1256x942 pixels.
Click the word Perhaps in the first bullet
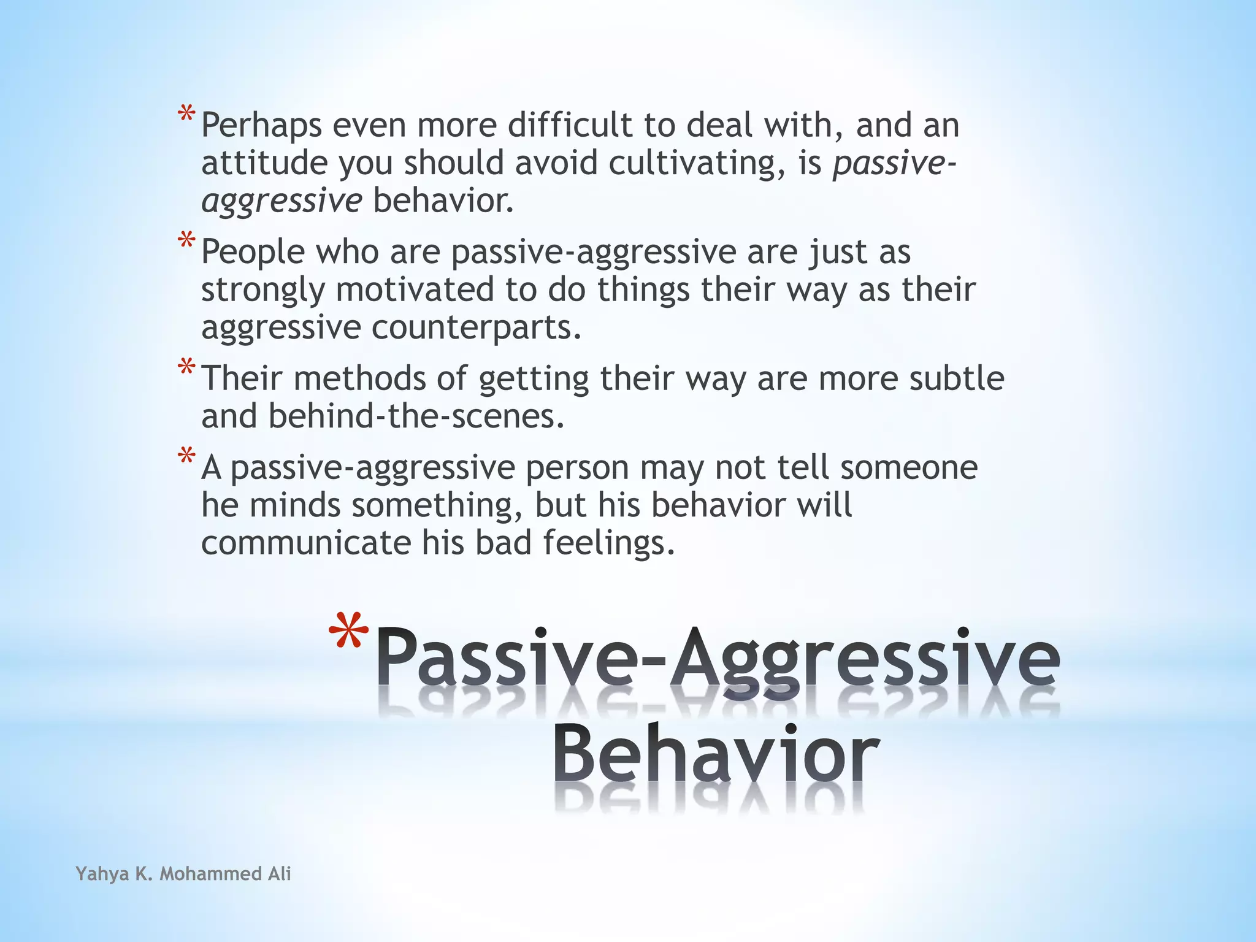coord(261,126)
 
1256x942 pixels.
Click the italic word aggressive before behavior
coord(281,201)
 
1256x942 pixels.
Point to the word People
coord(253,252)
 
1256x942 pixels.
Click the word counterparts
coord(476,327)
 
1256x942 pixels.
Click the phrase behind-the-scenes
coord(416,416)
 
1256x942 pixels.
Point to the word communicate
coord(306,543)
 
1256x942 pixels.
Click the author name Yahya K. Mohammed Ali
coord(183,873)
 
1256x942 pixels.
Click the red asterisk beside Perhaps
coord(186,116)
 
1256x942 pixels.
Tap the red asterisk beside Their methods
coord(186,369)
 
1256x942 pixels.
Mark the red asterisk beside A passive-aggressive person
coord(186,458)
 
